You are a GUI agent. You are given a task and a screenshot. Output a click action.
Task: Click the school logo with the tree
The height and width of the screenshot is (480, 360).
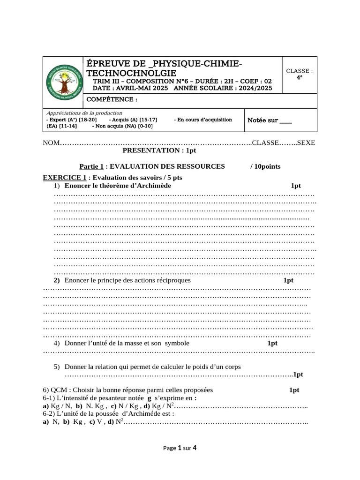click(x=62, y=82)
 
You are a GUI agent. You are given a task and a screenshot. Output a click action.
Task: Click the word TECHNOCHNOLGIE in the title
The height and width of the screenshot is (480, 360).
click(x=129, y=73)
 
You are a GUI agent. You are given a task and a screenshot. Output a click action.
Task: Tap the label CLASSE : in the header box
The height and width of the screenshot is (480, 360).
click(x=299, y=71)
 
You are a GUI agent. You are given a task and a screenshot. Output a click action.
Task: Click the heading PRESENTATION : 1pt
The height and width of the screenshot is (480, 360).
click(x=159, y=150)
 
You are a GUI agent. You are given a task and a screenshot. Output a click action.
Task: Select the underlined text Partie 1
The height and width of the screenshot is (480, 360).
click(x=91, y=166)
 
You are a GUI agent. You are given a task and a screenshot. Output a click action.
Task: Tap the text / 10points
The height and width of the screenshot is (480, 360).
click(x=266, y=166)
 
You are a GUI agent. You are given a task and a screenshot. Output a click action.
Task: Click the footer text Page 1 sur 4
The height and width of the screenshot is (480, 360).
click(x=180, y=448)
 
